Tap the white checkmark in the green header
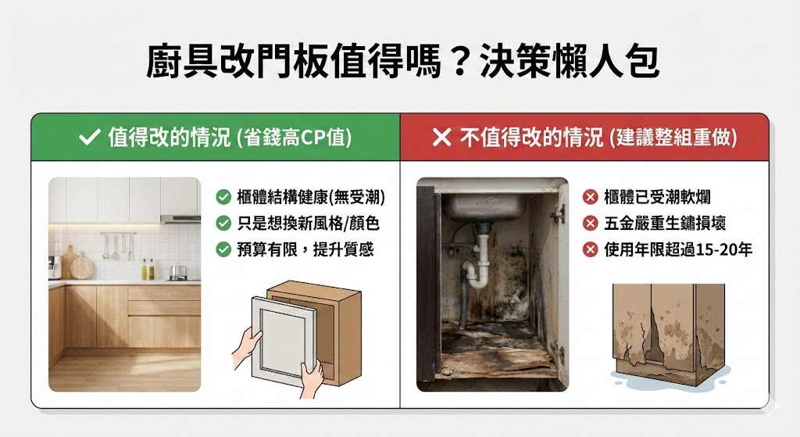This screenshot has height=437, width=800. click(x=88, y=138)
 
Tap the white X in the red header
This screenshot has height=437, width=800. click(x=441, y=138)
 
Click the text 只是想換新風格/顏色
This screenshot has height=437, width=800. click(x=308, y=224)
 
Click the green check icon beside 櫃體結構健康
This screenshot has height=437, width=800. click(x=223, y=197)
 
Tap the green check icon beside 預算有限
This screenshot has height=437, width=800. click(x=223, y=249)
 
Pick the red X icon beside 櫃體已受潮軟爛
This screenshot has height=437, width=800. click(x=591, y=197)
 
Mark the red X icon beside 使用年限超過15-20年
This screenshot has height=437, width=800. click(x=591, y=249)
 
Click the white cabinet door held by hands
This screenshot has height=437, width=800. click(x=284, y=336)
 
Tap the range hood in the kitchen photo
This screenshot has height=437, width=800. click(x=180, y=220)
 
